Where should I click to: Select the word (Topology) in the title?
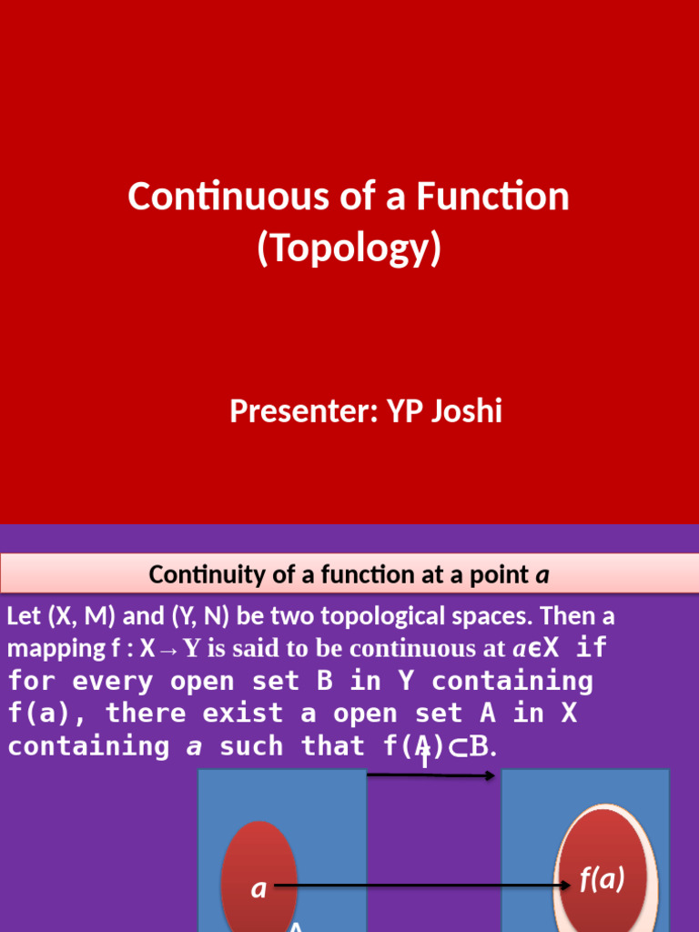tap(349, 248)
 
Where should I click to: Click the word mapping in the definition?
tap(49, 649)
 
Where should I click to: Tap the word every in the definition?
tap(113, 681)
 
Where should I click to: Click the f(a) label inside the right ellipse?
tap(602, 879)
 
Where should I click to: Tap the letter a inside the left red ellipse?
tap(259, 888)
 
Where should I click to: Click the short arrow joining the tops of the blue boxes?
tap(431, 775)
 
